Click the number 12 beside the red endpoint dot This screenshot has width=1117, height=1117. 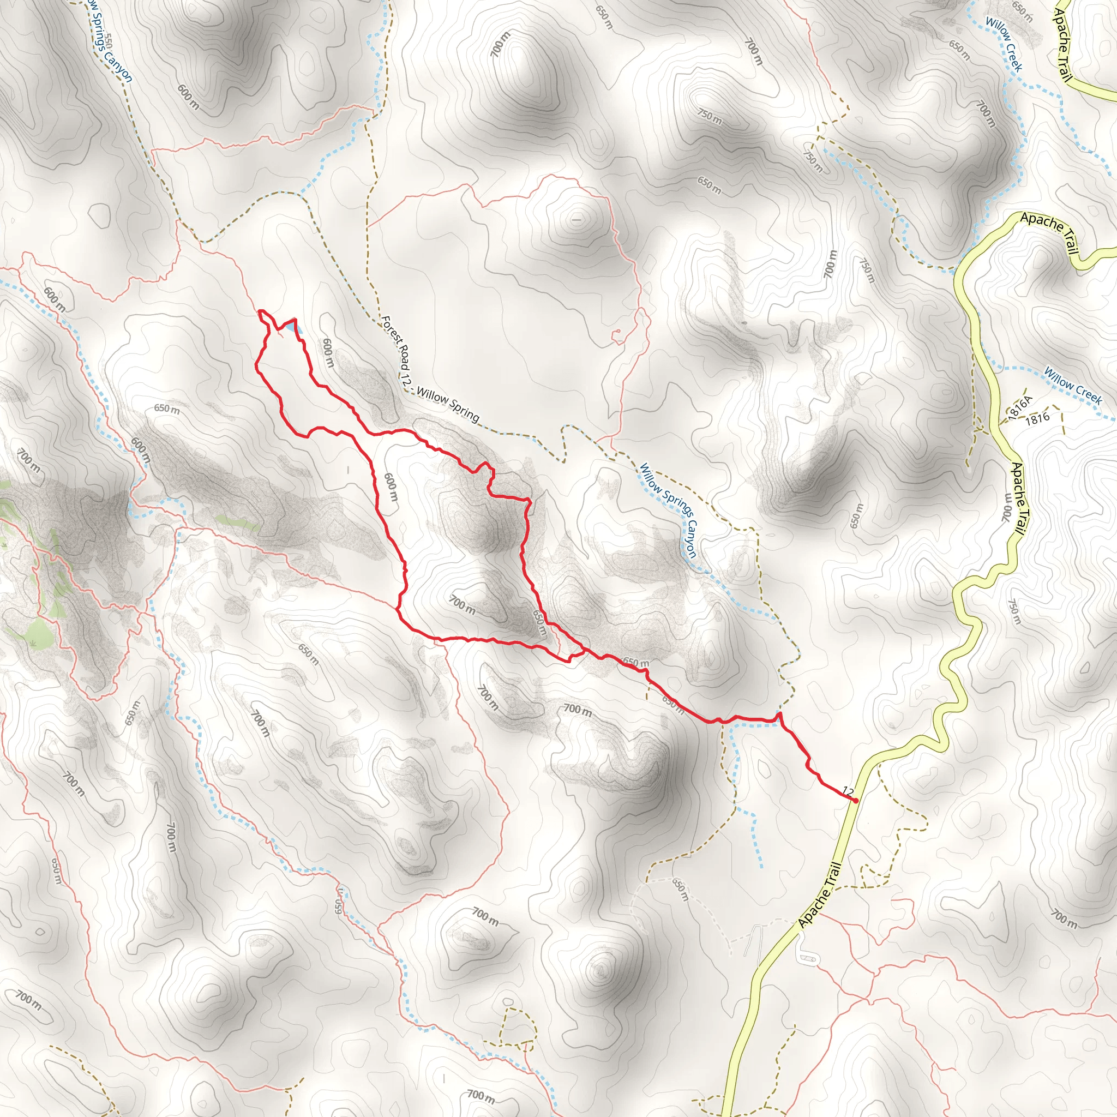pyautogui.click(x=848, y=791)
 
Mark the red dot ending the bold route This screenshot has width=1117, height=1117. pyautogui.click(x=855, y=800)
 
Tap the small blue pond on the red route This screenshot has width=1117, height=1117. pyautogui.click(x=288, y=327)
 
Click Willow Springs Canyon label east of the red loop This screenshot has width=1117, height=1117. pyautogui.click(x=668, y=510)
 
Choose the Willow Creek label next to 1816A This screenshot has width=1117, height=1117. pyautogui.click(x=1072, y=386)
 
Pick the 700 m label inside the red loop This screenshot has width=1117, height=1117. pyautogui.click(x=463, y=605)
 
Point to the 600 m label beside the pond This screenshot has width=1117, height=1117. pyautogui.click(x=327, y=353)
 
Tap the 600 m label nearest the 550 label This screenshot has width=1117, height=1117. pyautogui.click(x=188, y=97)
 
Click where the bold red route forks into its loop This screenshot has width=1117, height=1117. pyautogui.click(x=585, y=650)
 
